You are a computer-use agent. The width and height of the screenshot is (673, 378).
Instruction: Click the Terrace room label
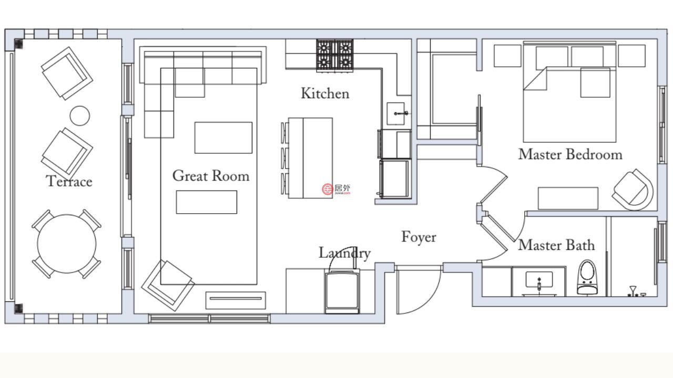pyautogui.click(x=69, y=181)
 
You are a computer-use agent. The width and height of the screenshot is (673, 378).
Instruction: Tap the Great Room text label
pyautogui.click(x=211, y=175)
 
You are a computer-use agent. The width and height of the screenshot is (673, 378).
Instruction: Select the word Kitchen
pyautogui.click(x=325, y=93)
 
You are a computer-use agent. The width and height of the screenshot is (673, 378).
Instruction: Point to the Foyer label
pyautogui.click(x=419, y=237)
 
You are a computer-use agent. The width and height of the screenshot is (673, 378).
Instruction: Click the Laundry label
pyautogui.click(x=344, y=254)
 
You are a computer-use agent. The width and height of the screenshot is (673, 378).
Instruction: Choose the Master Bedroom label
pyautogui.click(x=570, y=154)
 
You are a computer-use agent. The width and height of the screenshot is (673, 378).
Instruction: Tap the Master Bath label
pyautogui.click(x=556, y=245)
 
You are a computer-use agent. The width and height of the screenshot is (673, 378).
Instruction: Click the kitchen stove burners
pyautogui.click(x=335, y=56)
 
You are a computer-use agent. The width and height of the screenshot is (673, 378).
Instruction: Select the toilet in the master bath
pyautogui.click(x=587, y=277)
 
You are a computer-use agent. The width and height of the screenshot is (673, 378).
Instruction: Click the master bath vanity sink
pyautogui.click(x=539, y=280)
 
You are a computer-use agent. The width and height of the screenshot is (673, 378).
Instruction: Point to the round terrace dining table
pyautogui.click(x=67, y=244)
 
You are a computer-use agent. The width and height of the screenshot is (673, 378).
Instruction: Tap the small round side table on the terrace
pyautogui.click(x=79, y=115)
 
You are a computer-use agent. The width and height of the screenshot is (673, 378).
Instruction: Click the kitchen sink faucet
pyautogui.click(x=401, y=113)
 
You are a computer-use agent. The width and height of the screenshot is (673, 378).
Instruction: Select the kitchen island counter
pyautogui.click(x=310, y=158)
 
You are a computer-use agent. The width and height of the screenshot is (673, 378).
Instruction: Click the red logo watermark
pyautogui.click(x=328, y=190)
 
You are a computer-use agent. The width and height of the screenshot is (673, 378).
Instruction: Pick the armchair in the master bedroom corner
pyautogui.click(x=633, y=190)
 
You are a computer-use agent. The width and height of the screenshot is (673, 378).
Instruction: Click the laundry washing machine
pyautogui.click(x=342, y=291)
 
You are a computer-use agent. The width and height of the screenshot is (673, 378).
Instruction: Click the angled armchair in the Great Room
pyautogui.click(x=168, y=285)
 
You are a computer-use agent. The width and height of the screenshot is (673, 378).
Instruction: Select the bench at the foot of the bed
pyautogui.click(x=568, y=198)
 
